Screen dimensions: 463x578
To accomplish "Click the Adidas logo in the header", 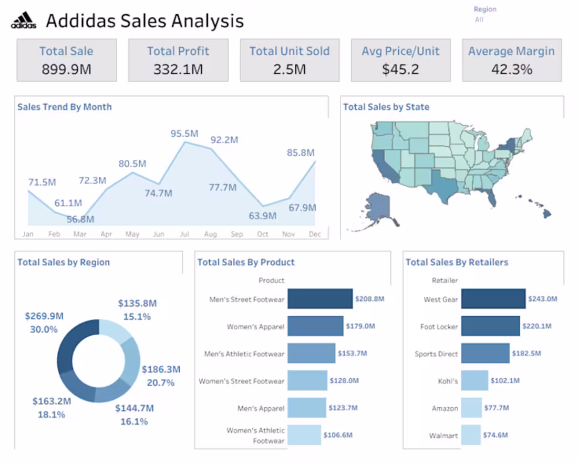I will point(24,21).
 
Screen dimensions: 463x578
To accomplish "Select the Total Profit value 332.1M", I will point(178,69).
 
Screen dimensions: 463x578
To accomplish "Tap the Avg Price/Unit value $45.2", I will point(400,69).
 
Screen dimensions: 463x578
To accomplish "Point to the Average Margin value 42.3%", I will point(512,69).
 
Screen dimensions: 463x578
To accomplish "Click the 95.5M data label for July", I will point(184,134).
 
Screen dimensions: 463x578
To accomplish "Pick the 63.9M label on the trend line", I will point(262,216).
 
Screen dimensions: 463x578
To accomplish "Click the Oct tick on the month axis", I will point(263,234).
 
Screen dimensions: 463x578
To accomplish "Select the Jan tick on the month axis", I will point(28,234).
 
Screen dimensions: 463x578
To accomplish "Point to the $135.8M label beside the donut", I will point(137,303).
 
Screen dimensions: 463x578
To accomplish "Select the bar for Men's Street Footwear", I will point(319,299).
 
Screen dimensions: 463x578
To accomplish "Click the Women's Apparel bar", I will point(315,326).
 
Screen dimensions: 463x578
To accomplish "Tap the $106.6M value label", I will point(338,435).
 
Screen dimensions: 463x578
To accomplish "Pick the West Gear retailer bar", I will point(493,299).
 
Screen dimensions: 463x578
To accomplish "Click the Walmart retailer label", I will point(444,436).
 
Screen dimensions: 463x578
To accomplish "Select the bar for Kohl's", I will point(474,380).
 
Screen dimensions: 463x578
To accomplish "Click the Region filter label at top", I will point(484,9).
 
